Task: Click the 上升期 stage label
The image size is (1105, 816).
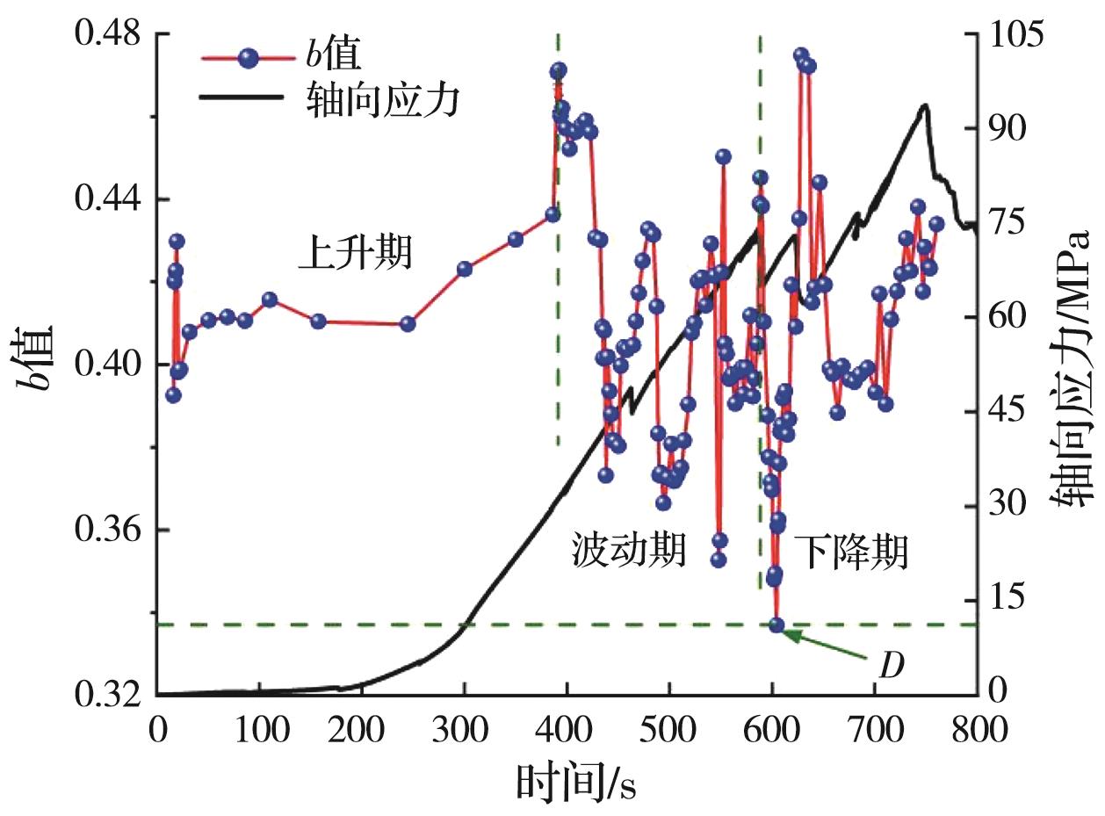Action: pyautogui.click(x=355, y=256)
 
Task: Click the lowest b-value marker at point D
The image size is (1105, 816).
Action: pyautogui.click(x=776, y=625)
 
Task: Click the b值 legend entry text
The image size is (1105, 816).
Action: pyautogui.click(x=335, y=57)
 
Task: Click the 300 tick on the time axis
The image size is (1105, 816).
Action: pyautogui.click(x=259, y=731)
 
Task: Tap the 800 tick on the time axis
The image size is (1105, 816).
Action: pyautogui.click(x=977, y=731)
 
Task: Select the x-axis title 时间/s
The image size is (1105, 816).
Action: pyautogui.click(x=575, y=781)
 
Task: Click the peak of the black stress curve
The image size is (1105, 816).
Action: pyautogui.click(x=925, y=105)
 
